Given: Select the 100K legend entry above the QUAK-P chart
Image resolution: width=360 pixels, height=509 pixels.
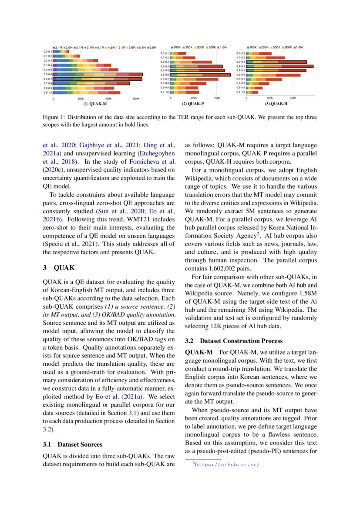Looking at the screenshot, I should pyautogui.click(x=176, y=47).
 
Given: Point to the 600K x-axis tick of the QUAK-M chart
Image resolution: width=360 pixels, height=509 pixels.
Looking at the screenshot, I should pyautogui.click(x=136, y=99).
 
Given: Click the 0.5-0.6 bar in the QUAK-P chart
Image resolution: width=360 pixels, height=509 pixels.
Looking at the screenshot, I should pyautogui.click(x=200, y=75).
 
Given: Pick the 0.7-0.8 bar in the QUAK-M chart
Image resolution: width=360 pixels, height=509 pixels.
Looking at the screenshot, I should pyautogui.click(x=91, y=83).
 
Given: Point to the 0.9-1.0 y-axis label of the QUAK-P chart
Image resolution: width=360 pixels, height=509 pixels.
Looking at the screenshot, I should pyautogui.click(x=165, y=92).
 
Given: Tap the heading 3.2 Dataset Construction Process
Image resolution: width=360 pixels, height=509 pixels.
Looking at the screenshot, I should pyautogui.click(x=234, y=340).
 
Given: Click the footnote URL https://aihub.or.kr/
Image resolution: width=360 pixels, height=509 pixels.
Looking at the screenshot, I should pyautogui.click(x=228, y=465).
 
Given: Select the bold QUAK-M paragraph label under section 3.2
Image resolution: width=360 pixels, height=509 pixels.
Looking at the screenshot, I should pyautogui.click(x=199, y=351).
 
